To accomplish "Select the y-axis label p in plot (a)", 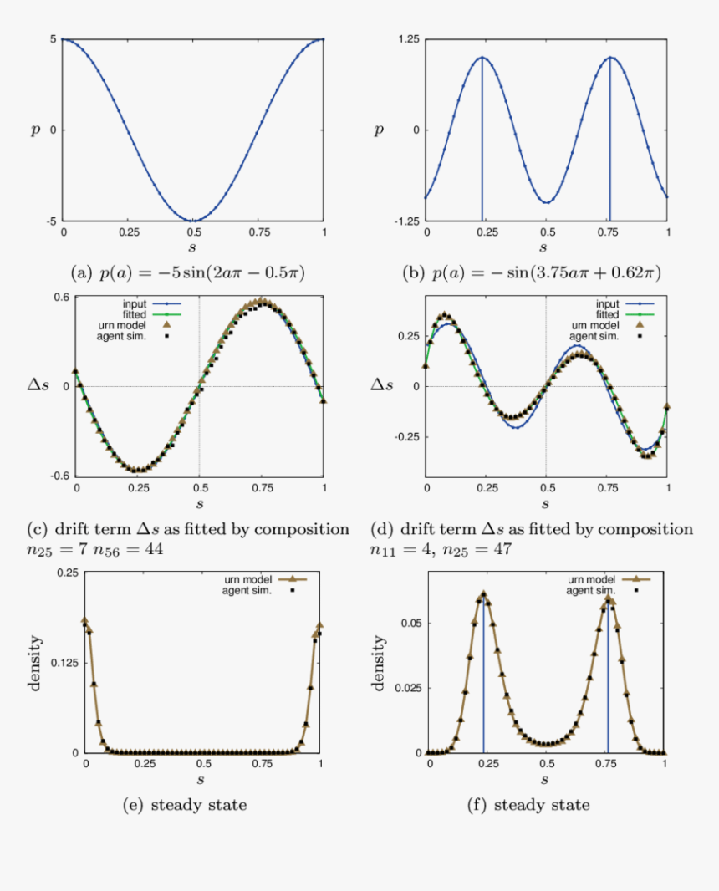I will coord(35,130).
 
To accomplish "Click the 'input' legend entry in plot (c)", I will coord(140,304).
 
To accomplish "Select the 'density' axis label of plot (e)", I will coord(36,663).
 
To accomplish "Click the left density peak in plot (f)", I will coord(483,594).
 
